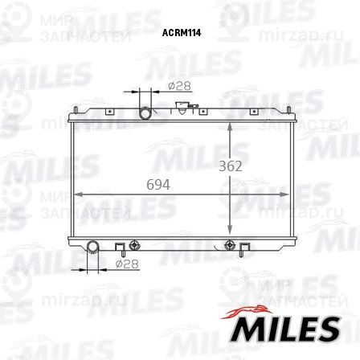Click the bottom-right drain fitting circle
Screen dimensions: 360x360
[231, 243]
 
